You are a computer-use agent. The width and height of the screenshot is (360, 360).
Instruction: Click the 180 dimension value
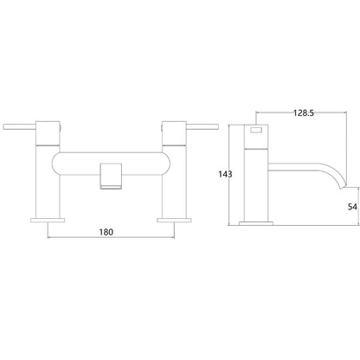click(x=106, y=232)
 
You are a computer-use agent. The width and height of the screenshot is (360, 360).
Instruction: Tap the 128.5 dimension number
click(x=304, y=113)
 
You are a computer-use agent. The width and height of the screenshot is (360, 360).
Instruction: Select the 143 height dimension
click(x=225, y=174)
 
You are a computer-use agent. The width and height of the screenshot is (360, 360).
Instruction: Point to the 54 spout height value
click(x=352, y=207)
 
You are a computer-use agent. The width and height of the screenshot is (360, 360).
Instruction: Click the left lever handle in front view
click(x=19, y=127)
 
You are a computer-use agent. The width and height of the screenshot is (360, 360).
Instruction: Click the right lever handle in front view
click(x=202, y=127)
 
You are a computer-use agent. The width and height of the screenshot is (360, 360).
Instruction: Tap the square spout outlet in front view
click(x=111, y=176)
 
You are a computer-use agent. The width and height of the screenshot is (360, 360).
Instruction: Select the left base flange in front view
click(x=48, y=220)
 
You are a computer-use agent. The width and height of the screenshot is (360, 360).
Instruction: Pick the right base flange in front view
click(x=174, y=220)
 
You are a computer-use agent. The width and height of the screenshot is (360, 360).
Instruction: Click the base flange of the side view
click(x=256, y=223)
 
